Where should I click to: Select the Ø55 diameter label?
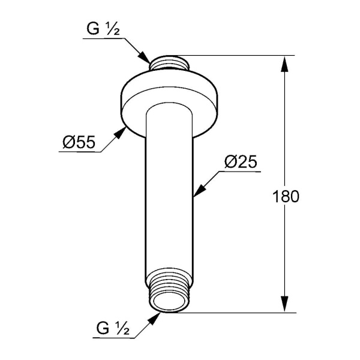(x=78, y=143)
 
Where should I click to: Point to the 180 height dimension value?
(x=285, y=196)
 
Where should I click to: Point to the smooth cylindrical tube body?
(x=170, y=192)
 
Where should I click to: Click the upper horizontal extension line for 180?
(x=240, y=56)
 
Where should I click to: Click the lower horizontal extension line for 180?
(x=240, y=312)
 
